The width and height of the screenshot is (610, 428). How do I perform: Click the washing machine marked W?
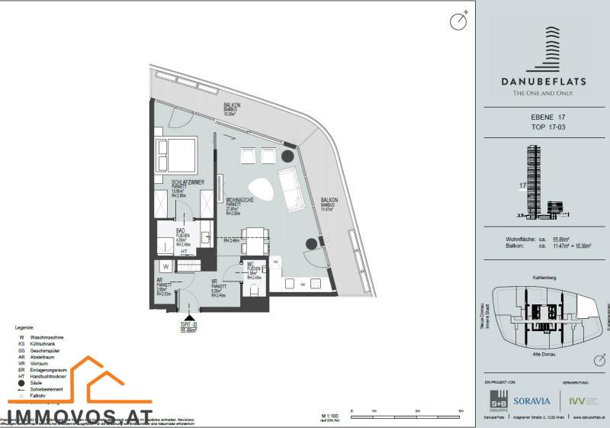[165, 267]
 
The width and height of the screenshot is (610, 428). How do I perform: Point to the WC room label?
[250, 265]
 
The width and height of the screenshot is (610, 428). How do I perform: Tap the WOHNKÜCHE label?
[241, 200]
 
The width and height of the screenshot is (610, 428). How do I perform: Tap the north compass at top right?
[458, 21]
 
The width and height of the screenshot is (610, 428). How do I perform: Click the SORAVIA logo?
[531, 400]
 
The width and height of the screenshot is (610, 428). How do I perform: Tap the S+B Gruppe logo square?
[500, 401]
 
